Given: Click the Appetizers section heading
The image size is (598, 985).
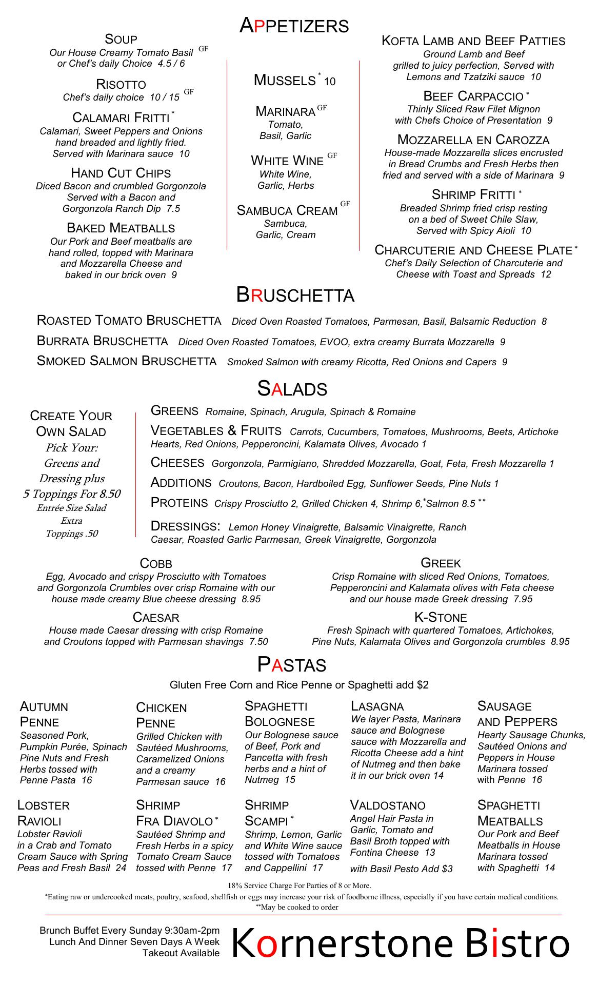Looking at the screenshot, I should (294, 26).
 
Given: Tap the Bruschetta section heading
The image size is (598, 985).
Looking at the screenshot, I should (295, 295).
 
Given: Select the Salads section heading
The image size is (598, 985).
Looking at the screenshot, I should (292, 388).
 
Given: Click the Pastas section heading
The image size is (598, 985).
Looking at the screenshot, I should (291, 665).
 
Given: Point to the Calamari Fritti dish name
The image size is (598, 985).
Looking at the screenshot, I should (121, 117).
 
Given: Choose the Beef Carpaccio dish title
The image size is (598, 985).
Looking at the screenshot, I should (473, 96).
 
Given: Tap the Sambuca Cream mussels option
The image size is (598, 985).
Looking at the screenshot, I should (287, 210).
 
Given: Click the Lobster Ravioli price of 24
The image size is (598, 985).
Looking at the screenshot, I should (121, 868).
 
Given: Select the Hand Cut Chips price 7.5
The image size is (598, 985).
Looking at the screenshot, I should (173, 209).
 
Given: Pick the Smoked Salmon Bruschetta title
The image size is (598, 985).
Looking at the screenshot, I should (127, 361).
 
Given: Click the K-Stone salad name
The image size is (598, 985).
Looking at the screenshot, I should (441, 617).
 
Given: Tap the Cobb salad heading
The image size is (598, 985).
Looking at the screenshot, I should (156, 563).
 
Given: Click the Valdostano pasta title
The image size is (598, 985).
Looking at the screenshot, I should (388, 804).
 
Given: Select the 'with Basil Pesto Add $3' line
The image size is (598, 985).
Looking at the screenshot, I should (401, 869).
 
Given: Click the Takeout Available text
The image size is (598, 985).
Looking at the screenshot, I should (181, 953).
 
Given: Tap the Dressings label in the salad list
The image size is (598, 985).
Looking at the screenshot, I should (185, 526).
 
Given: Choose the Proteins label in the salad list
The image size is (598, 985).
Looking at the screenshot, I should (179, 503).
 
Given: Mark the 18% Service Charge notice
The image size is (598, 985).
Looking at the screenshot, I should (300, 885).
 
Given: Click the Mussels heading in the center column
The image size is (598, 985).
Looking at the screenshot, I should (285, 80).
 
